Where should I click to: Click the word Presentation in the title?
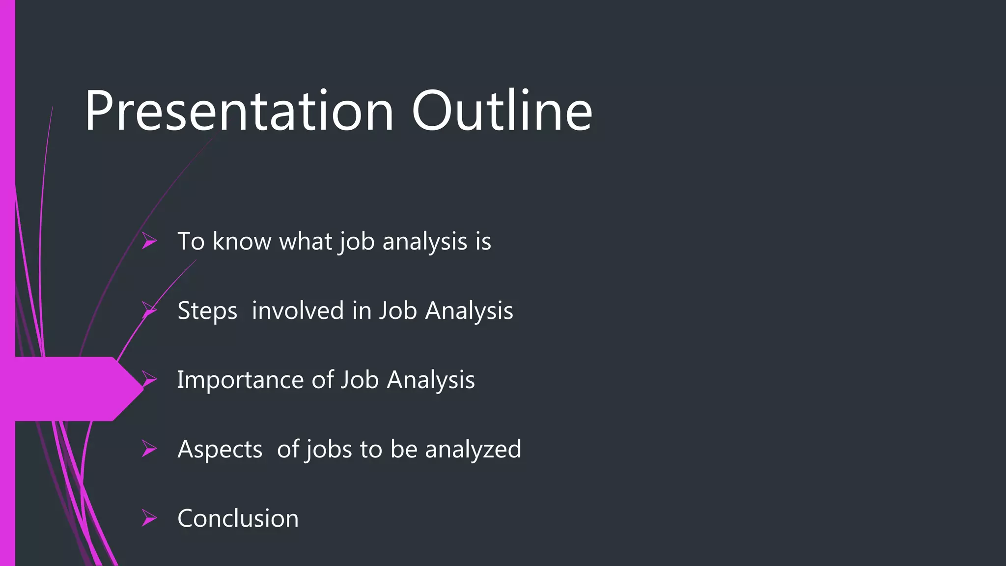click(x=239, y=112)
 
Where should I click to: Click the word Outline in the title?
click(x=502, y=112)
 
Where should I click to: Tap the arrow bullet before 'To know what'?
click(x=149, y=241)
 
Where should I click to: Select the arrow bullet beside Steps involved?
click(x=149, y=311)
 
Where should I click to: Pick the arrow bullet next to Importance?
click(x=149, y=379)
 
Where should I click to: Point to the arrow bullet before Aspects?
click(x=149, y=449)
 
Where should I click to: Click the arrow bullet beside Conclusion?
click(x=149, y=518)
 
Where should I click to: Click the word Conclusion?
click(x=238, y=518)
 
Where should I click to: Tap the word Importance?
click(x=240, y=380)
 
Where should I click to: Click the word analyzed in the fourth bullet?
click(x=473, y=450)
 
